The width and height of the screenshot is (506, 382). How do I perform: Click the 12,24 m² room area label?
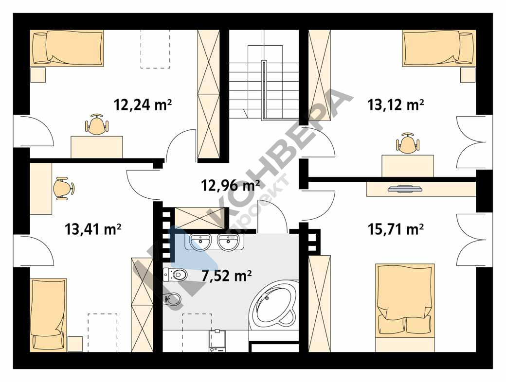pyautogui.click(x=143, y=105)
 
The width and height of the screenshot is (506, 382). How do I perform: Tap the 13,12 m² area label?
pyautogui.click(x=396, y=105)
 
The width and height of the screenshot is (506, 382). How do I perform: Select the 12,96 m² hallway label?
pyautogui.click(x=231, y=185)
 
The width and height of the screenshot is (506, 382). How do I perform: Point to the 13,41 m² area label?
pyautogui.click(x=93, y=229)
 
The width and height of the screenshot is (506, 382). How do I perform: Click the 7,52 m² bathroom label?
pyautogui.click(x=227, y=276)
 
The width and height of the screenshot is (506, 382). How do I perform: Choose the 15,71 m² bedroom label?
pyautogui.click(x=396, y=229)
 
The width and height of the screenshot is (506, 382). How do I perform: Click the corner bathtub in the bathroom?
pyautogui.click(x=276, y=303)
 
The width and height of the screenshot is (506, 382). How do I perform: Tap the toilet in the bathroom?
pyautogui.click(x=175, y=275)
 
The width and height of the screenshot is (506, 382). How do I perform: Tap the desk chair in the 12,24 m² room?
pyautogui.click(x=97, y=124)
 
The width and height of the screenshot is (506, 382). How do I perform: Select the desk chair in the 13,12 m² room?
pyautogui.click(x=408, y=143)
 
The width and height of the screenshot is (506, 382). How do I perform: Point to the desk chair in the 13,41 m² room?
pyautogui.click(x=63, y=188)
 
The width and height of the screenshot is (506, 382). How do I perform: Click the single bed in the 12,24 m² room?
pyautogui.click(x=67, y=48)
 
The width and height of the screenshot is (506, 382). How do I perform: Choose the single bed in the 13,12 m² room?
pyautogui.click(x=439, y=48)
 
